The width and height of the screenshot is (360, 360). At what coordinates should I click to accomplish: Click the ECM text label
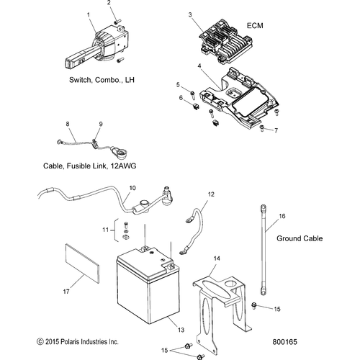255,25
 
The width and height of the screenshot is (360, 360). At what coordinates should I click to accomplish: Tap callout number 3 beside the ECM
190,15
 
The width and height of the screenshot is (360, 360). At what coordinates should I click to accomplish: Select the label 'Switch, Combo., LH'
102,80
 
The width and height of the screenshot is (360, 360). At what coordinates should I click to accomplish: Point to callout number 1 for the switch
89,15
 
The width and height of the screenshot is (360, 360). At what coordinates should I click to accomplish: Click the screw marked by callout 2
117,22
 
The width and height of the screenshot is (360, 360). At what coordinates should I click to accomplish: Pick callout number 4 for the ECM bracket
199,66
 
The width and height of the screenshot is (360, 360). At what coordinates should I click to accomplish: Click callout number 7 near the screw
276,130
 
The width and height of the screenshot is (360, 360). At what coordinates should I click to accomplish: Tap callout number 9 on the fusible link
101,124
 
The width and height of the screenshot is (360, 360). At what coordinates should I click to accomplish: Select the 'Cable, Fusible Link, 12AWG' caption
89,166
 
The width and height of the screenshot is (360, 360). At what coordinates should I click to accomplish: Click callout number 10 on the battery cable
132,188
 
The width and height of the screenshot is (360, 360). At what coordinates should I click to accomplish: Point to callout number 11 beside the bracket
106,230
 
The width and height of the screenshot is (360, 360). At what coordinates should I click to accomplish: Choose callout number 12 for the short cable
211,194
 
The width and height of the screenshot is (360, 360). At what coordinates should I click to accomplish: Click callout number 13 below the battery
181,330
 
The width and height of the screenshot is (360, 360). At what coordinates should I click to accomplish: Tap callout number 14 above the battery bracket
217,258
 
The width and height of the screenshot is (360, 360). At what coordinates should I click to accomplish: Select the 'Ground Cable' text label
300,238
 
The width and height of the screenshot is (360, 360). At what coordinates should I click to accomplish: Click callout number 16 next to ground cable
282,216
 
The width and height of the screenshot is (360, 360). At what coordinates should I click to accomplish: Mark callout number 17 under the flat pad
66,292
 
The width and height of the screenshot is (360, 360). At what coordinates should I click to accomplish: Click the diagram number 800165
284,342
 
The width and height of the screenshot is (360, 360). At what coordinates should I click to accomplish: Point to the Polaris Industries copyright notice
78,341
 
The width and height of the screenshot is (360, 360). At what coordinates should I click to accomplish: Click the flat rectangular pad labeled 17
82,263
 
